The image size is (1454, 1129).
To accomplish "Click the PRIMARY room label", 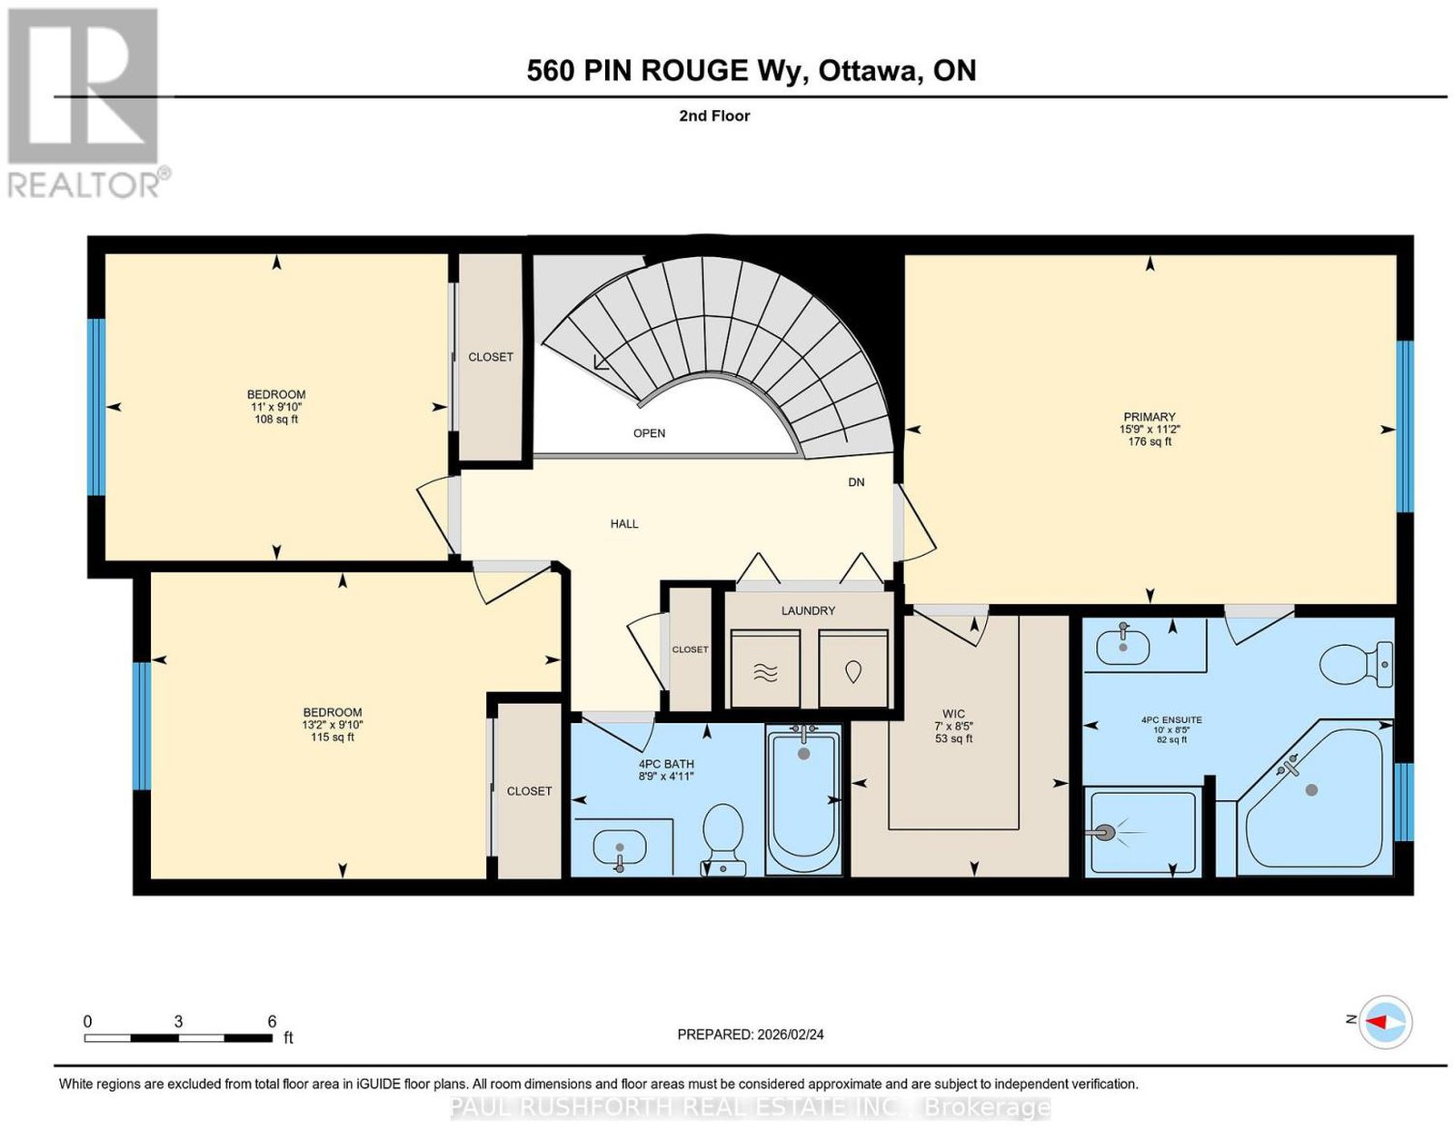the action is (x=1149, y=417).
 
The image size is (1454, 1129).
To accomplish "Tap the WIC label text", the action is (x=953, y=714).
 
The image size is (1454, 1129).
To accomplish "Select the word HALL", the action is (x=623, y=524).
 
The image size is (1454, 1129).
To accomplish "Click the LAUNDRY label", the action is (x=808, y=610).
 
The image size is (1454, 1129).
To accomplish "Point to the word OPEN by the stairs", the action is (x=649, y=433).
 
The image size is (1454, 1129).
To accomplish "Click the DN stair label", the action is (x=856, y=482).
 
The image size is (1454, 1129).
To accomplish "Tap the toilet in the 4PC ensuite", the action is (x=1356, y=664).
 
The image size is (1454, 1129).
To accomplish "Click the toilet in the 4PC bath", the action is (x=723, y=839).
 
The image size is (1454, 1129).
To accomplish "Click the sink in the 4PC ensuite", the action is (x=1123, y=644).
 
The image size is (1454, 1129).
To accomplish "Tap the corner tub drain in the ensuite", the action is (x=1311, y=789).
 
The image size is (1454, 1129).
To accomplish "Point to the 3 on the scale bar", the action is (x=178, y=1022).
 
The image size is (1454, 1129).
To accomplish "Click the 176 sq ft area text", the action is (x=1150, y=441).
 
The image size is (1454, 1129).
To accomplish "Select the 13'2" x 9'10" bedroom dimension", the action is (x=332, y=725).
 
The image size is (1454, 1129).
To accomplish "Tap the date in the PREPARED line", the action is (x=791, y=1035).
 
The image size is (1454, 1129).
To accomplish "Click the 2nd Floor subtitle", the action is (x=714, y=115).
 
